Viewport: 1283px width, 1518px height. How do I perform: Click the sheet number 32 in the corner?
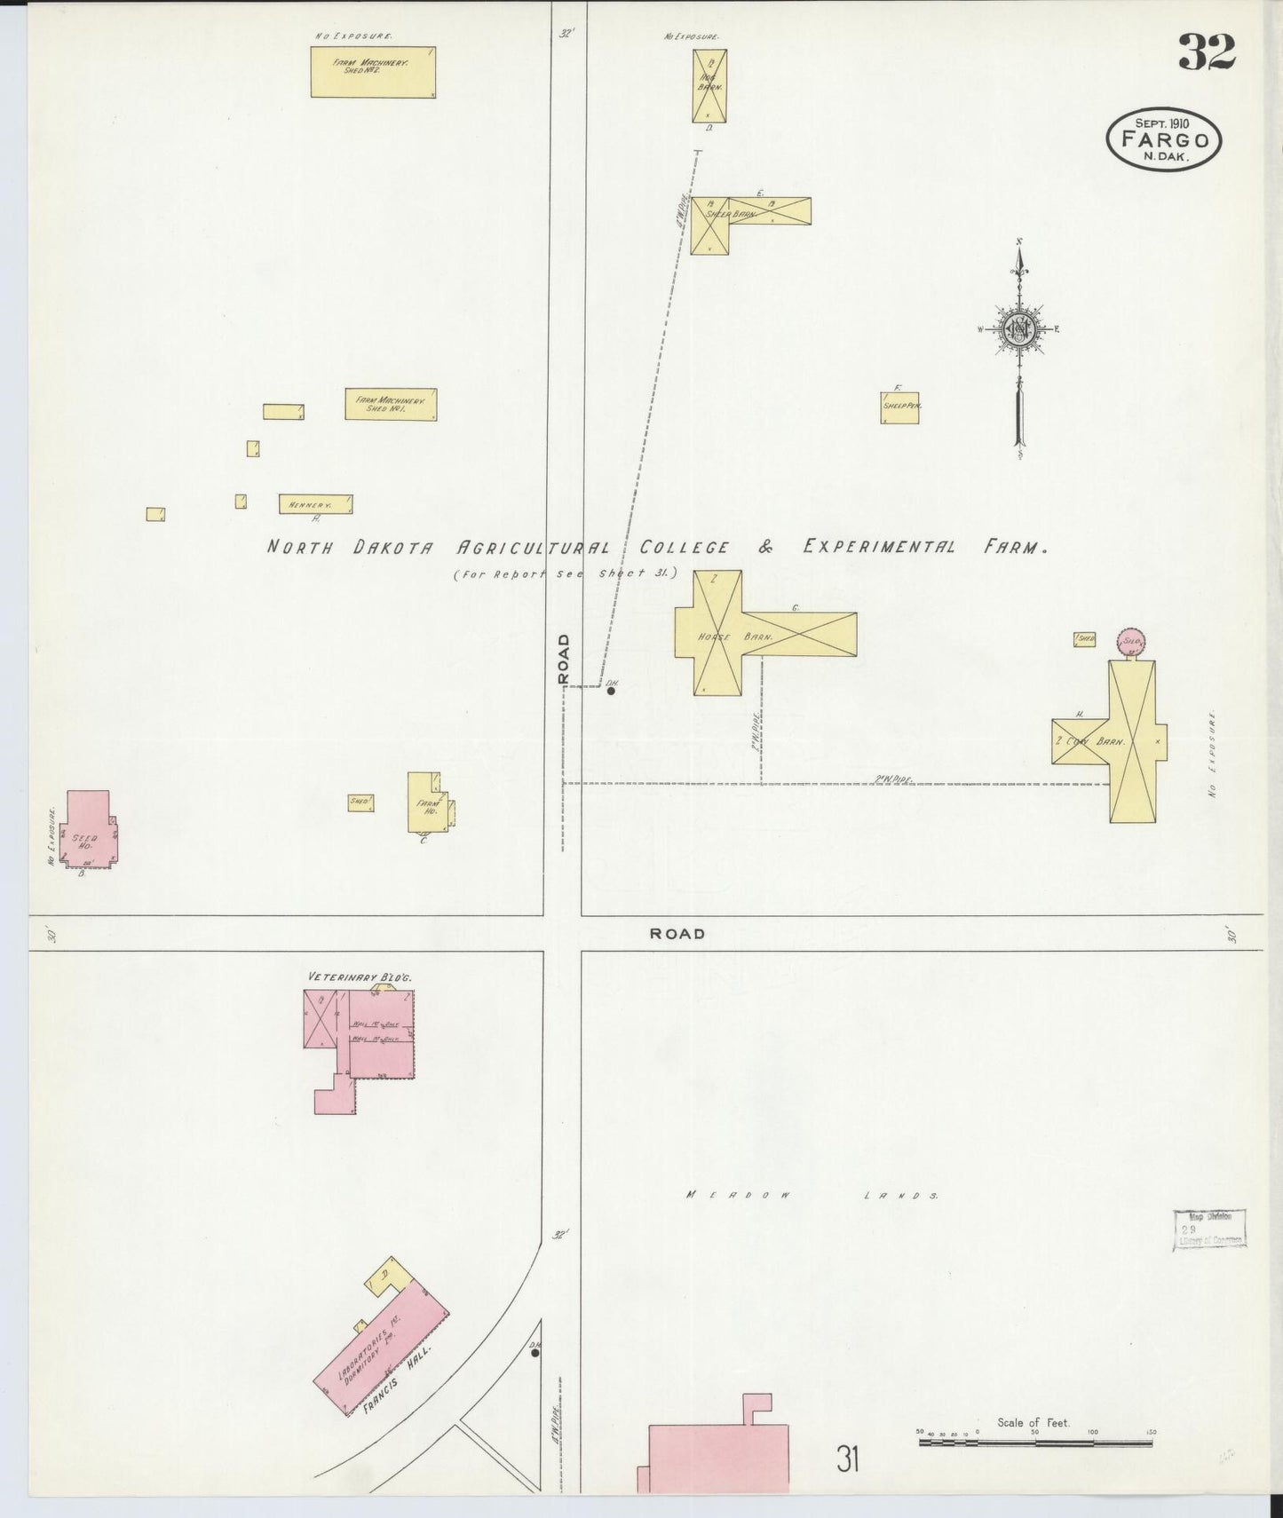1207,53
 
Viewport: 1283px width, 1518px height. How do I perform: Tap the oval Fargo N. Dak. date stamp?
1164,140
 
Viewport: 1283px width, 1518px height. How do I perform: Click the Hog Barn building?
709,86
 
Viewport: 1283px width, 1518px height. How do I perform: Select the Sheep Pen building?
899,407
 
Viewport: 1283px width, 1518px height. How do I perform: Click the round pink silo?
1130,640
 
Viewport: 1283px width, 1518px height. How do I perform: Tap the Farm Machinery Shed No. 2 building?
373,72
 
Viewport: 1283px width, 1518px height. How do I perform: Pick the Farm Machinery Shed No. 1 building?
391,404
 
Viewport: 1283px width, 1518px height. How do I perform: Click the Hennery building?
315,504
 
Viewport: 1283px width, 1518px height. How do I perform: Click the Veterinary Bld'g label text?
360,976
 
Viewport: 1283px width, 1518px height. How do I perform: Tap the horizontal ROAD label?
677,933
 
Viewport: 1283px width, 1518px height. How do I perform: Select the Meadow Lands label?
812,1195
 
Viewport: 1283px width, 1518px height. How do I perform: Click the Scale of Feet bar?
1035,1443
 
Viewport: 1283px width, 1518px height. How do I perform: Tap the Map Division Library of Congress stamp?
1210,1229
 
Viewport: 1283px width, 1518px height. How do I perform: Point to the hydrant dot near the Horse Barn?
611,690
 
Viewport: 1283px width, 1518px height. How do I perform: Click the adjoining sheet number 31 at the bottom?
847,1458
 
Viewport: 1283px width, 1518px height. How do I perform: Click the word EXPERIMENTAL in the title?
878,547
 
